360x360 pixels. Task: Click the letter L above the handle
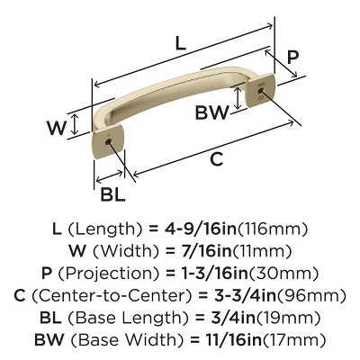[180, 41]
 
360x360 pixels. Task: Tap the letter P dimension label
[292, 57]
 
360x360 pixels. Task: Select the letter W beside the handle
[57, 128]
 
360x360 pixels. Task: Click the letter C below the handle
[216, 159]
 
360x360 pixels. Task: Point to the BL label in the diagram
[112, 193]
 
